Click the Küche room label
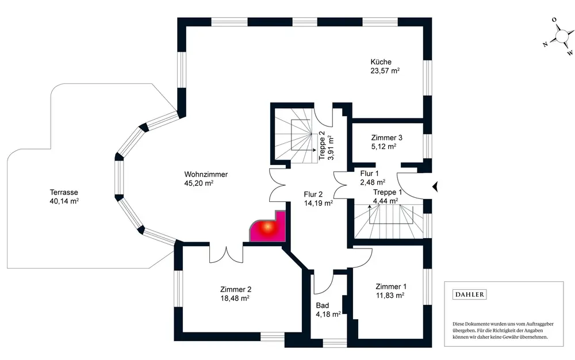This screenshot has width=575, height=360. (x=381, y=62)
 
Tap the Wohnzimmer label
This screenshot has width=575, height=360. (x=206, y=175)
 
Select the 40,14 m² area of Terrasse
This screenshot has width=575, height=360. (x=64, y=201)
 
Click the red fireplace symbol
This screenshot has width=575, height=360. (x=266, y=228)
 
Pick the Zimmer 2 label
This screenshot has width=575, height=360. (x=235, y=290)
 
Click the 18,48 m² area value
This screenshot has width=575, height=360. (x=235, y=298)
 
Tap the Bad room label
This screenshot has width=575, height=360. (x=322, y=305)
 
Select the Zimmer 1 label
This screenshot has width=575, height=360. (x=391, y=286)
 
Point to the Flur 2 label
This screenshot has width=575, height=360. (x=315, y=194)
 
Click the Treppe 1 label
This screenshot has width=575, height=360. (x=388, y=192)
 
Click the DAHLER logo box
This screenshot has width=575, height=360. (x=470, y=294)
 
